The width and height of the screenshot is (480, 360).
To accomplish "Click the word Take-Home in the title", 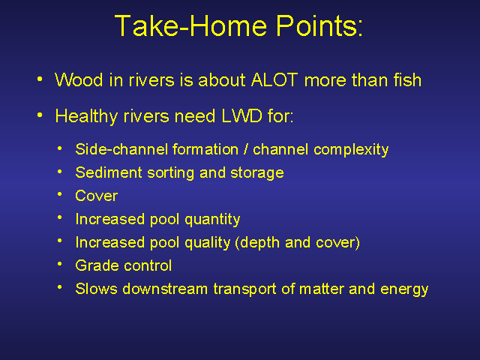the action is [191, 26].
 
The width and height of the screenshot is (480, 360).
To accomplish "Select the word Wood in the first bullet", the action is [79, 80].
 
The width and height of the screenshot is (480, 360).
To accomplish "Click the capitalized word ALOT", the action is [274, 80].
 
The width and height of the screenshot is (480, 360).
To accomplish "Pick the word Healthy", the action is [87, 117].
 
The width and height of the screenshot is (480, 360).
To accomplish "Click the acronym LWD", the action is [241, 116].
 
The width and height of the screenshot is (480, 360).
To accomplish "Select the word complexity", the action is [351, 150].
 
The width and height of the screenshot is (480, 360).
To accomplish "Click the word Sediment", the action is [109, 172].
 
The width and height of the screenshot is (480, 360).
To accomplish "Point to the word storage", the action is [256, 173].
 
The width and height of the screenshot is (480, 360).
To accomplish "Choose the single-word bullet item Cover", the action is [97, 196].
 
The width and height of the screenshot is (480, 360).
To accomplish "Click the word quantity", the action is [212, 220].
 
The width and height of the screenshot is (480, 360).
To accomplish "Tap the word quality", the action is [208, 243].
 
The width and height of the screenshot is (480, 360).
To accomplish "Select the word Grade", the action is [97, 265].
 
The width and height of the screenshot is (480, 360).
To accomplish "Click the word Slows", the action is [97, 289].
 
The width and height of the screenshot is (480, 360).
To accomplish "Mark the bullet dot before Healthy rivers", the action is [40, 115].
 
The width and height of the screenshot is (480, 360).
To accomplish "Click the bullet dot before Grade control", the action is [60, 264].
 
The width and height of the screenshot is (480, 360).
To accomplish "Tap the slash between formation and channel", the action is [245, 149].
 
